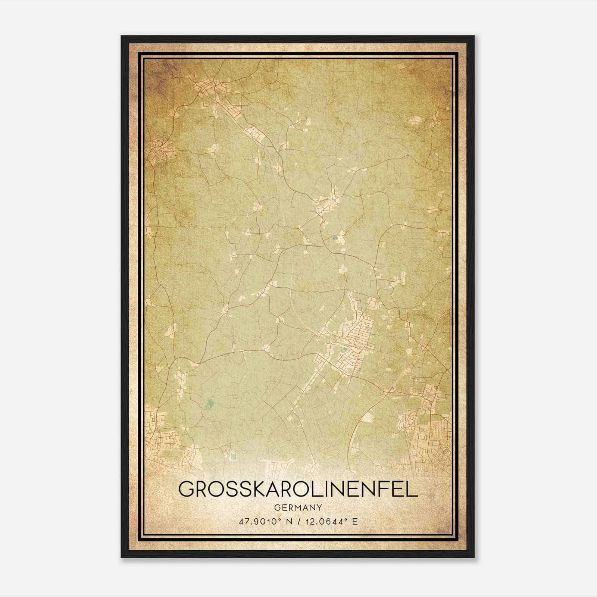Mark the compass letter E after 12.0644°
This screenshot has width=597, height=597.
coord(355,521)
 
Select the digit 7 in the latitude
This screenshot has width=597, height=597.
coord(247,521)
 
